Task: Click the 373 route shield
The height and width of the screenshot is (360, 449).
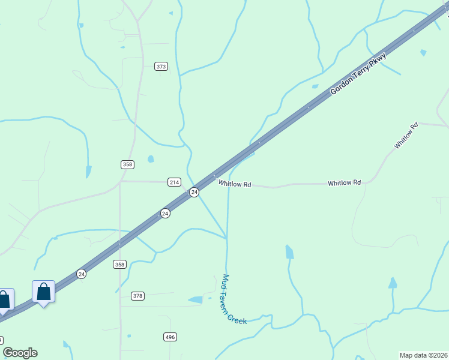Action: click(161, 66)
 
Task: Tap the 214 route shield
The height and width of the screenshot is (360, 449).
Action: click(174, 182)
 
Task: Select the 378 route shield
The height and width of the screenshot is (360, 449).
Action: click(138, 296)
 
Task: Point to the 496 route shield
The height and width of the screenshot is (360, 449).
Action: click(170, 337)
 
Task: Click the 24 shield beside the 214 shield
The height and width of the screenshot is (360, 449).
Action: click(194, 192)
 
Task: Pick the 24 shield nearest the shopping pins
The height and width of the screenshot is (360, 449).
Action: click(81, 274)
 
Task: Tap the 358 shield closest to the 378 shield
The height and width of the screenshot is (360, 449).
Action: click(119, 264)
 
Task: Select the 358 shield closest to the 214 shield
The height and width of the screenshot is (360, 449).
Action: click(127, 164)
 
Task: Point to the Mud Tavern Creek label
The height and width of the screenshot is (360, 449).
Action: click(234, 299)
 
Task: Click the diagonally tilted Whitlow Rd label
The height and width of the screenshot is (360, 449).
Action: click(406, 136)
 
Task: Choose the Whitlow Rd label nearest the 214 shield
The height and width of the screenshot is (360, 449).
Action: click(234, 184)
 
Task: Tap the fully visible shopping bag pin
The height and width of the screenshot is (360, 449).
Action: click(43, 292)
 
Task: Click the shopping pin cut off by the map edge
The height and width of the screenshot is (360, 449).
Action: click(4, 299)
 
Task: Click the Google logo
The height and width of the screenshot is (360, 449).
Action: click(20, 353)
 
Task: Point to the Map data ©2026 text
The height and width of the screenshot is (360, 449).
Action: click(423, 355)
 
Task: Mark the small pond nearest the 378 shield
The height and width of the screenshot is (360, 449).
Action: click(196, 299)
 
